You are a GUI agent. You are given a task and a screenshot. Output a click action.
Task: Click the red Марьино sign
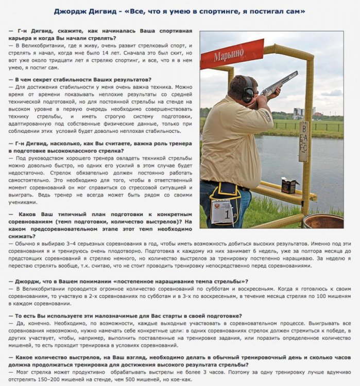[x=231, y=54]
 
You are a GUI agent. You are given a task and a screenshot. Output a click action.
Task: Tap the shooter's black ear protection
[x=248, y=91]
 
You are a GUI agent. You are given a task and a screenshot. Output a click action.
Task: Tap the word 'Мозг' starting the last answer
[x=24, y=372]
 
